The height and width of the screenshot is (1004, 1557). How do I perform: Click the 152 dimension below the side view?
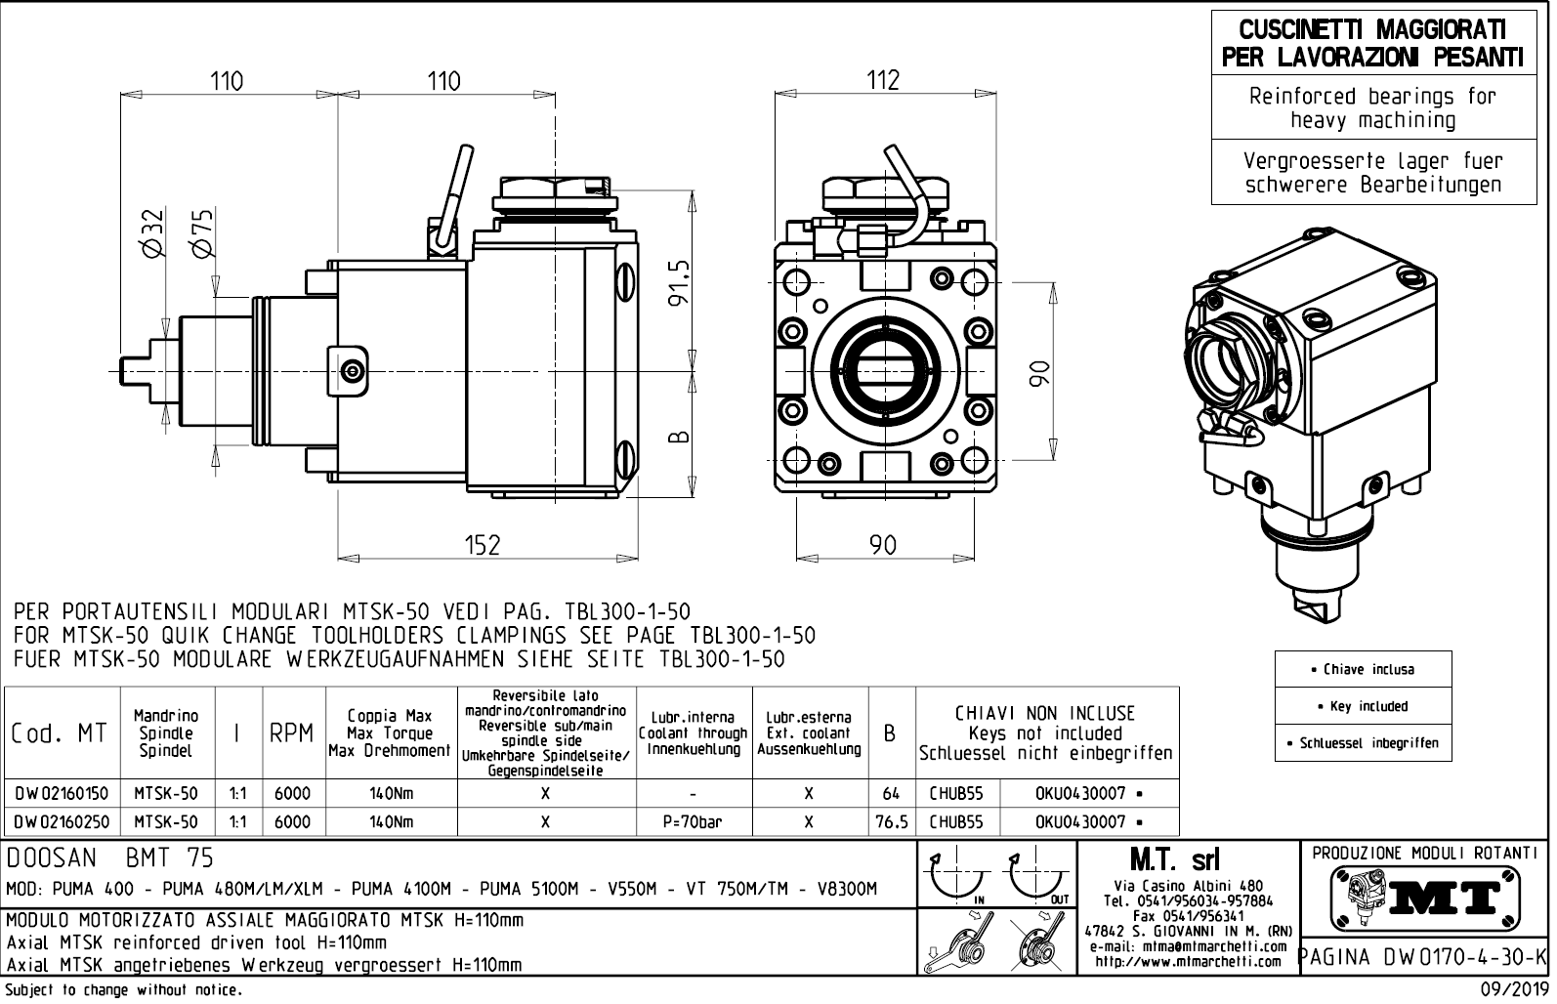(483, 545)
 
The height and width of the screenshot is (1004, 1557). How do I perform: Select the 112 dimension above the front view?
(883, 80)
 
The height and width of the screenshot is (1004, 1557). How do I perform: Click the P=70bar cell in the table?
(693, 822)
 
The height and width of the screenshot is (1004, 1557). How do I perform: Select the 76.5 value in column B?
(891, 822)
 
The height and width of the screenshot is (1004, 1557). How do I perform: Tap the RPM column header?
(291, 733)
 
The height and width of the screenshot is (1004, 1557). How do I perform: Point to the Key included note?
(1363, 706)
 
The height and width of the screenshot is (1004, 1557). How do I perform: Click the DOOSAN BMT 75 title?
(109, 858)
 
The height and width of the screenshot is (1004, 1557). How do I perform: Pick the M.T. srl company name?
(1187, 860)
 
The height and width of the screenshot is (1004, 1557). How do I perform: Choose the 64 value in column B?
(891, 793)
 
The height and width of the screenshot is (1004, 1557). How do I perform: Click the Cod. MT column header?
(61, 733)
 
